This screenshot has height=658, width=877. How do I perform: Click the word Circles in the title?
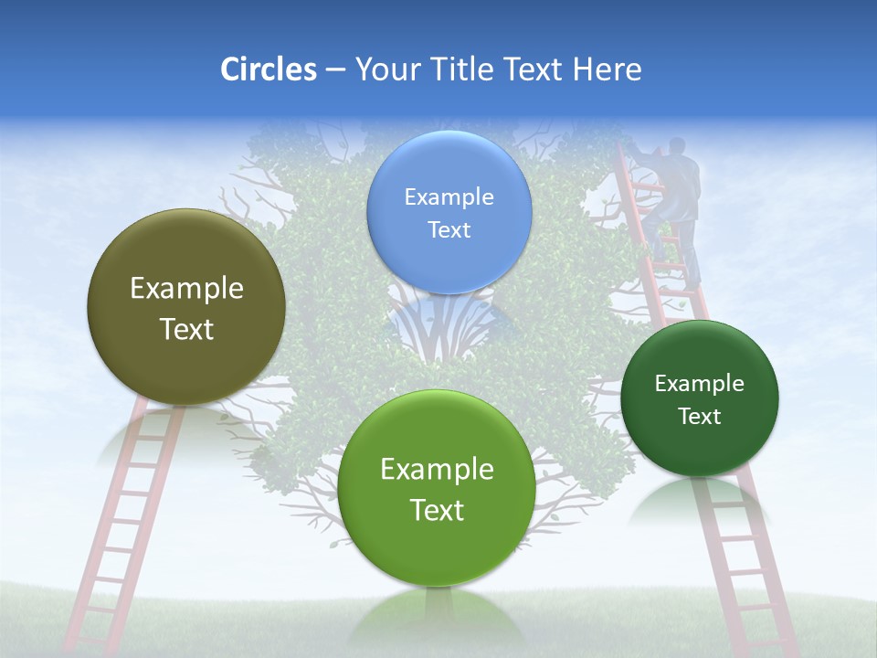pyautogui.click(x=269, y=69)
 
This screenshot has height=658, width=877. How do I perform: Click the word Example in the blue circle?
pyautogui.click(x=449, y=197)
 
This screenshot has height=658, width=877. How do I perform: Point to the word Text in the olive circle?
pyautogui.click(x=186, y=329)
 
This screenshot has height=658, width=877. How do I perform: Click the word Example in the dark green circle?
pyautogui.click(x=700, y=384)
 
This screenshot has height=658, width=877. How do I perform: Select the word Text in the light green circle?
pyautogui.click(x=437, y=510)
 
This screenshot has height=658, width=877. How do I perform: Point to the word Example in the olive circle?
pyautogui.click(x=186, y=289)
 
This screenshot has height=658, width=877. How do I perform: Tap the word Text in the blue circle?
pyautogui.click(x=449, y=230)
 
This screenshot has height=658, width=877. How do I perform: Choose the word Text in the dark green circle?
pyautogui.click(x=700, y=417)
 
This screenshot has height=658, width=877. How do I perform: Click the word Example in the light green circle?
pyautogui.click(x=437, y=470)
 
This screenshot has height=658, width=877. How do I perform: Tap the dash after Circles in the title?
pyautogui.click(x=334, y=70)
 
